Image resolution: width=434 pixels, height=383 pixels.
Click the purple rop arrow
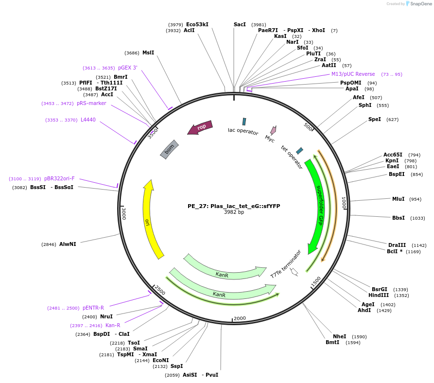(x=200, y=128)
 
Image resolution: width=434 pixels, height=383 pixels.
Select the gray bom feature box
(x=170, y=149)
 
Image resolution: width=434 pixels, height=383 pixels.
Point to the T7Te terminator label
(x=286, y=265)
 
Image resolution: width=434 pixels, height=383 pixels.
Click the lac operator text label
(x=243, y=131)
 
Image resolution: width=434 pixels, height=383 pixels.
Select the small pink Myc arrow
(x=273, y=130)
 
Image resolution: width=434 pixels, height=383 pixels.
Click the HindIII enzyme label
(x=379, y=295)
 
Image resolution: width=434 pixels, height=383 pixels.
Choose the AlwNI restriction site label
(x=68, y=244)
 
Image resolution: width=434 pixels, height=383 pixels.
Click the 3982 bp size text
(x=234, y=212)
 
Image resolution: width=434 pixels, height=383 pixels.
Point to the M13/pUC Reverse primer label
(x=353, y=74)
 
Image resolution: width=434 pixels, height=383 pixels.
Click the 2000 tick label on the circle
(x=240, y=318)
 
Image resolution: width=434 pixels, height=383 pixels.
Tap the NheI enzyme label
(x=339, y=336)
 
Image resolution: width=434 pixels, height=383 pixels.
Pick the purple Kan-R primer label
(x=113, y=325)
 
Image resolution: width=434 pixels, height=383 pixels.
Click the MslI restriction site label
(x=148, y=52)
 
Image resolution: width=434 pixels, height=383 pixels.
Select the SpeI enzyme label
(x=375, y=119)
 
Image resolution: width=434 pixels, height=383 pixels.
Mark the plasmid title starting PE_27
(x=234, y=206)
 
